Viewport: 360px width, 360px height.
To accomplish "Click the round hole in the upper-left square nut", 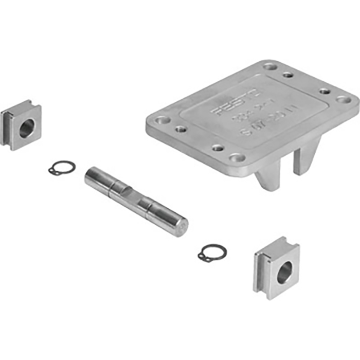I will click(26, 128).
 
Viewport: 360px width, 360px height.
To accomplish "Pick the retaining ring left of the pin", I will click(62, 168).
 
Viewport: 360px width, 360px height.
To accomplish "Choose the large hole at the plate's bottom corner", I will click(237, 157).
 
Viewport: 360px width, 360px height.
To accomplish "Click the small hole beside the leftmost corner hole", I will click(181, 129).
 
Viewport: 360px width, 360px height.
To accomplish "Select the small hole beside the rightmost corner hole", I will click(325, 91).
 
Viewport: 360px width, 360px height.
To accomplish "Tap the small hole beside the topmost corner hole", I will click(289, 75).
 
